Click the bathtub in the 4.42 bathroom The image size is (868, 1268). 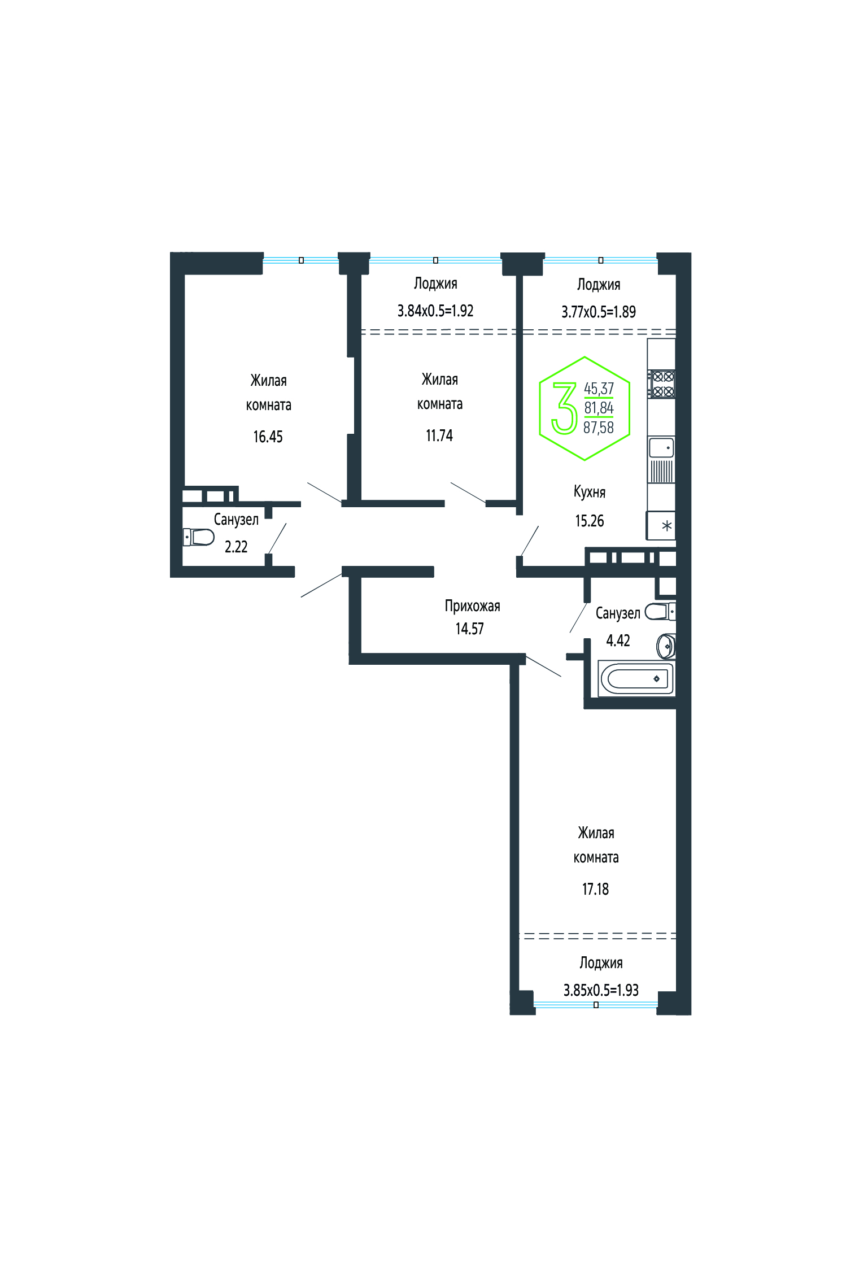(x=636, y=678)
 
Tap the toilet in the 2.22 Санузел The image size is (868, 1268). (x=198, y=537)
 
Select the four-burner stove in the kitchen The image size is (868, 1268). (x=661, y=384)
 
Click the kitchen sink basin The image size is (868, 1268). (x=661, y=447)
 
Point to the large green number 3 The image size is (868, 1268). (x=564, y=408)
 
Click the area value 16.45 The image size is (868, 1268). (x=268, y=437)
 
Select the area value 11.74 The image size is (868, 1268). (x=439, y=435)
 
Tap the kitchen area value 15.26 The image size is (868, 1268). (x=590, y=521)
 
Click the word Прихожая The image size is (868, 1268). (x=473, y=607)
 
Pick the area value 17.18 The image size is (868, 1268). (x=596, y=889)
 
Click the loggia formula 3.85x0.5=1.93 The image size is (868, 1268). (x=601, y=990)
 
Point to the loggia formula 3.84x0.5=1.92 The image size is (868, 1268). (x=435, y=311)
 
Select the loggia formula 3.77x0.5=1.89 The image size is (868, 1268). (x=599, y=312)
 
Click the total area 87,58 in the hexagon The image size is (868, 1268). (x=599, y=428)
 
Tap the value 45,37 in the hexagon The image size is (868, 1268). (x=599, y=389)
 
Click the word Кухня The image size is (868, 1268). (x=590, y=493)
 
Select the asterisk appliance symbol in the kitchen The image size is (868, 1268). (x=667, y=526)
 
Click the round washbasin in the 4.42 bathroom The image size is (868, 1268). (x=666, y=646)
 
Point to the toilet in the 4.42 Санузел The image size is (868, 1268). (x=660, y=611)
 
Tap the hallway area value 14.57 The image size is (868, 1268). (x=470, y=629)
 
